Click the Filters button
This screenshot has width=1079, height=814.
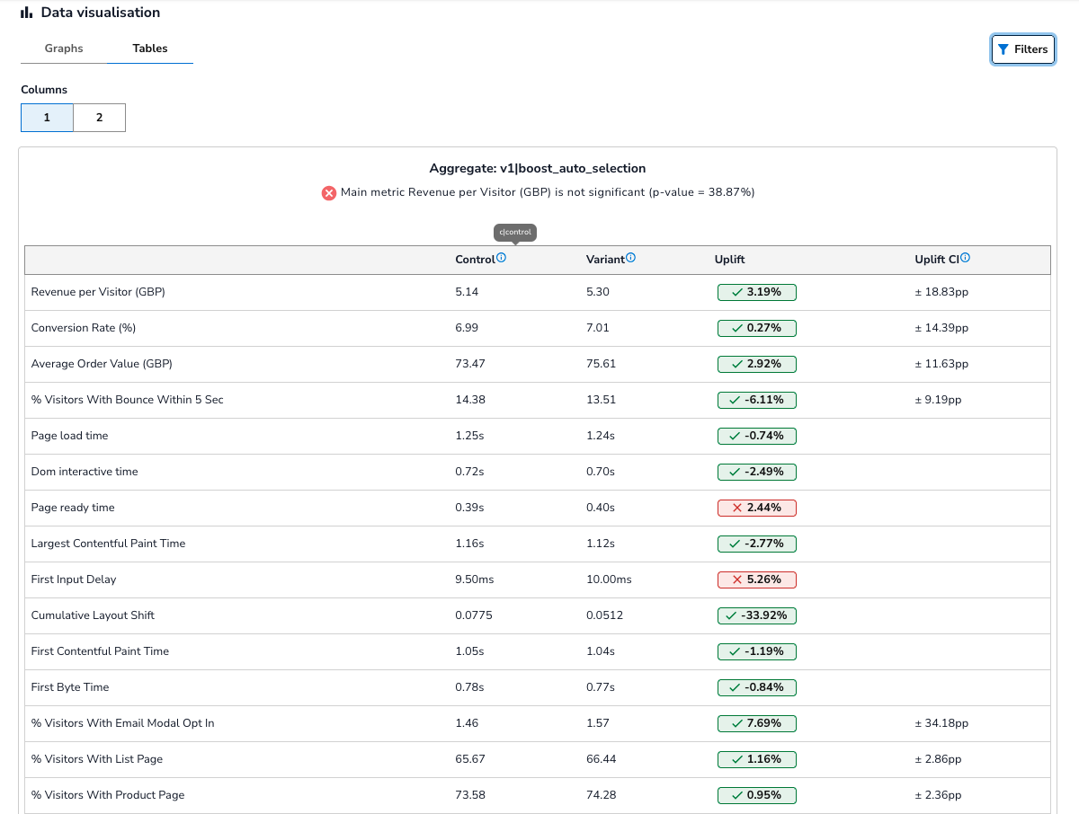[1022, 49]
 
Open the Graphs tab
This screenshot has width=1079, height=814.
[64, 49]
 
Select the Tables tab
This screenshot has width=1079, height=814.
[150, 49]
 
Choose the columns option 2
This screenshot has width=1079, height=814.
[99, 118]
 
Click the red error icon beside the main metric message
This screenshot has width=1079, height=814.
[329, 192]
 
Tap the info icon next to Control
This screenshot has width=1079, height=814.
[502, 258]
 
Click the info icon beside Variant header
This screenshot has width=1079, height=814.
[630, 258]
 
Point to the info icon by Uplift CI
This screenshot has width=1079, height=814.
[965, 258]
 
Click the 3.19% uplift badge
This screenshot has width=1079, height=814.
[756, 292]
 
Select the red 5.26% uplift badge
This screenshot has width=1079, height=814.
[756, 580]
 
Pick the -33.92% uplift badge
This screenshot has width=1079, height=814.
[756, 615]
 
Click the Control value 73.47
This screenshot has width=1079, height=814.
[470, 364]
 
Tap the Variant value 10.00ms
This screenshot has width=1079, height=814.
[609, 580]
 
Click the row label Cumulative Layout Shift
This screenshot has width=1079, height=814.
[93, 615]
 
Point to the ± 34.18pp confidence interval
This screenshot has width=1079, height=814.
[941, 723]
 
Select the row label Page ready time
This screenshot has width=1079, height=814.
[73, 508]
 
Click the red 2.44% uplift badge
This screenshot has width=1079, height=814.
[756, 508]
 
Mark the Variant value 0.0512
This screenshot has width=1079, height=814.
[604, 615]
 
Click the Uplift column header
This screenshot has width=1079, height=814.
[729, 260]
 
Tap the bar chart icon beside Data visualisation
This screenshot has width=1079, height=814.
[27, 13]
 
